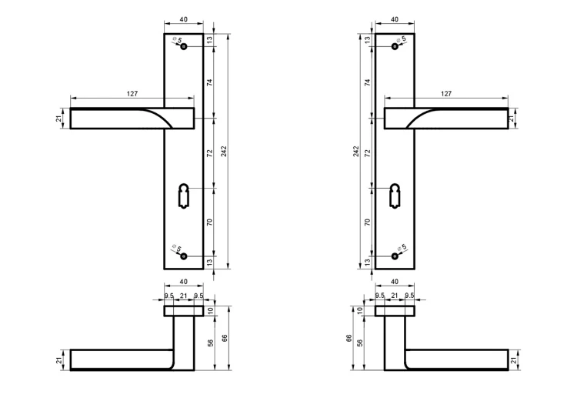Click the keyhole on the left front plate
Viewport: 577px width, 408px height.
[183, 196]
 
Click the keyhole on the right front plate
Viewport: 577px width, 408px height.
[394, 196]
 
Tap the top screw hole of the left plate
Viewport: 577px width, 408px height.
[184, 46]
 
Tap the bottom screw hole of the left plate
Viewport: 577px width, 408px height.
[184, 256]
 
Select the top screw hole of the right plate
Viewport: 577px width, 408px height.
[395, 46]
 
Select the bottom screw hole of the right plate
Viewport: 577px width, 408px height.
[395, 256]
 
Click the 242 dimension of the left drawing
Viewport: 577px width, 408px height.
[224, 151]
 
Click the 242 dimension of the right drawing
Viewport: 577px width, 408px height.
[356, 151]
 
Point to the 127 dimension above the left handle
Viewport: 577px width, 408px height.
[132, 93]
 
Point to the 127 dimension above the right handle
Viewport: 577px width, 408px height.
[446, 93]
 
